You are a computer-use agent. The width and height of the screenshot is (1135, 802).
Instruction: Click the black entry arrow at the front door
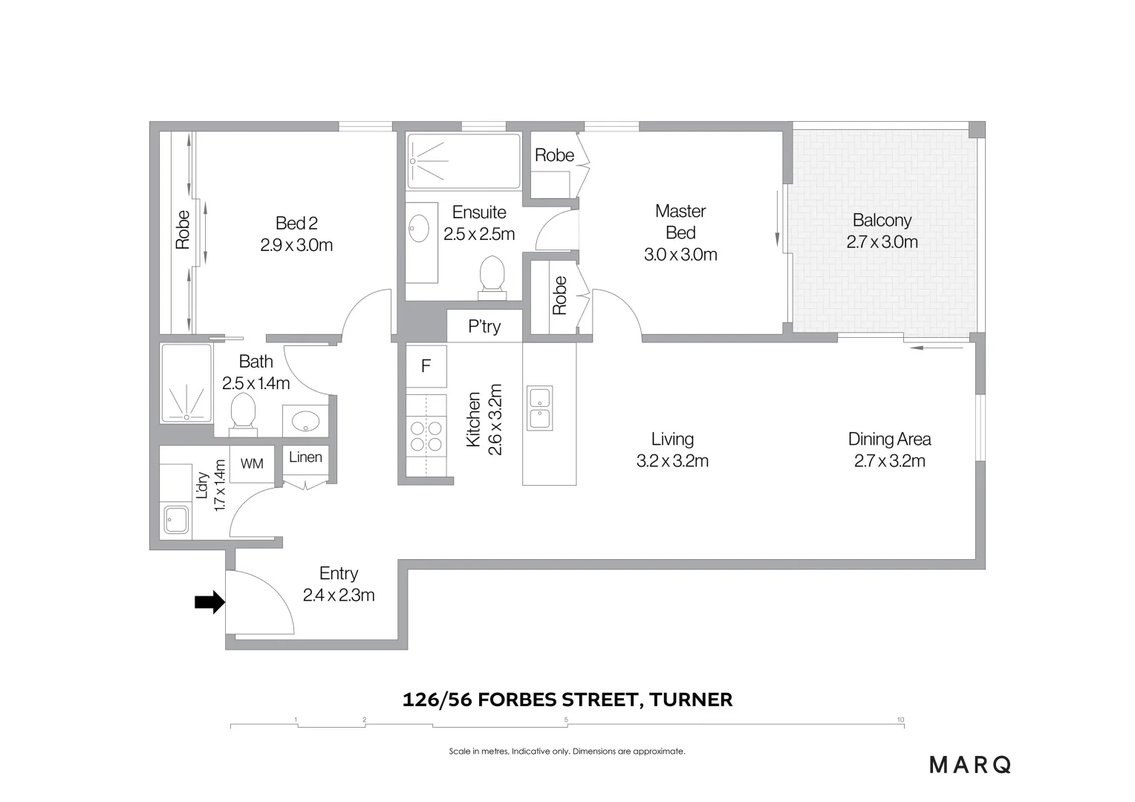pyautogui.click(x=209, y=602)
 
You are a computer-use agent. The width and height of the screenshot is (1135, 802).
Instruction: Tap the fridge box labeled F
pyautogui.click(x=426, y=366)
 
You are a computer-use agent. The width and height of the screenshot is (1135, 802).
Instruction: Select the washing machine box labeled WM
pyautogui.click(x=252, y=463)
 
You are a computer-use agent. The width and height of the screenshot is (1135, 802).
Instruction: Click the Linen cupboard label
pyautogui.click(x=305, y=457)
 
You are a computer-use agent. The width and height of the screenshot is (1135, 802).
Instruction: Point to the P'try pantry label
pyautogui.click(x=484, y=327)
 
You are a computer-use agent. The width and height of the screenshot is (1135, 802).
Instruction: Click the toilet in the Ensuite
pyautogui.click(x=492, y=275)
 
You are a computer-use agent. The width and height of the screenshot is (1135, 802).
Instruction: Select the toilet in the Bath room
pyautogui.click(x=243, y=411)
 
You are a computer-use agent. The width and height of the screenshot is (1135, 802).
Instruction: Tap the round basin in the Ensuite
pyautogui.click(x=419, y=229)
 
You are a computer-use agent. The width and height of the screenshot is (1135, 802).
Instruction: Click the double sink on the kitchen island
pyautogui.click(x=539, y=408)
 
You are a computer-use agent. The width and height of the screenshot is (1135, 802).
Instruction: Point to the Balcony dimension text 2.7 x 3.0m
pyautogui.click(x=882, y=242)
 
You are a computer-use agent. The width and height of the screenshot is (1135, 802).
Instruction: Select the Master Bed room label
pyautogui.click(x=680, y=221)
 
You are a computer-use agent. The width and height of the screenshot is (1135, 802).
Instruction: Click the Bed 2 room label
pyautogui.click(x=296, y=223)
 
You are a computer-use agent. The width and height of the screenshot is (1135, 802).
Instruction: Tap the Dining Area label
pyautogui.click(x=889, y=439)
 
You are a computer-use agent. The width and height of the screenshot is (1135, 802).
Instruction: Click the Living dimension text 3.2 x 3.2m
pyautogui.click(x=672, y=461)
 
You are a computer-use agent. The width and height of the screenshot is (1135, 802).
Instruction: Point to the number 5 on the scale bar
pyautogui.click(x=566, y=720)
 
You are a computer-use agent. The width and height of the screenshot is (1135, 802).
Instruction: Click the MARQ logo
pyautogui.click(x=970, y=764)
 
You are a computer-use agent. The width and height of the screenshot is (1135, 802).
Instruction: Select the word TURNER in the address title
pyautogui.click(x=691, y=700)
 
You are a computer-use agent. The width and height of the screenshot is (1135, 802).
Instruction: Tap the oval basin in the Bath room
pyautogui.click(x=305, y=422)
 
